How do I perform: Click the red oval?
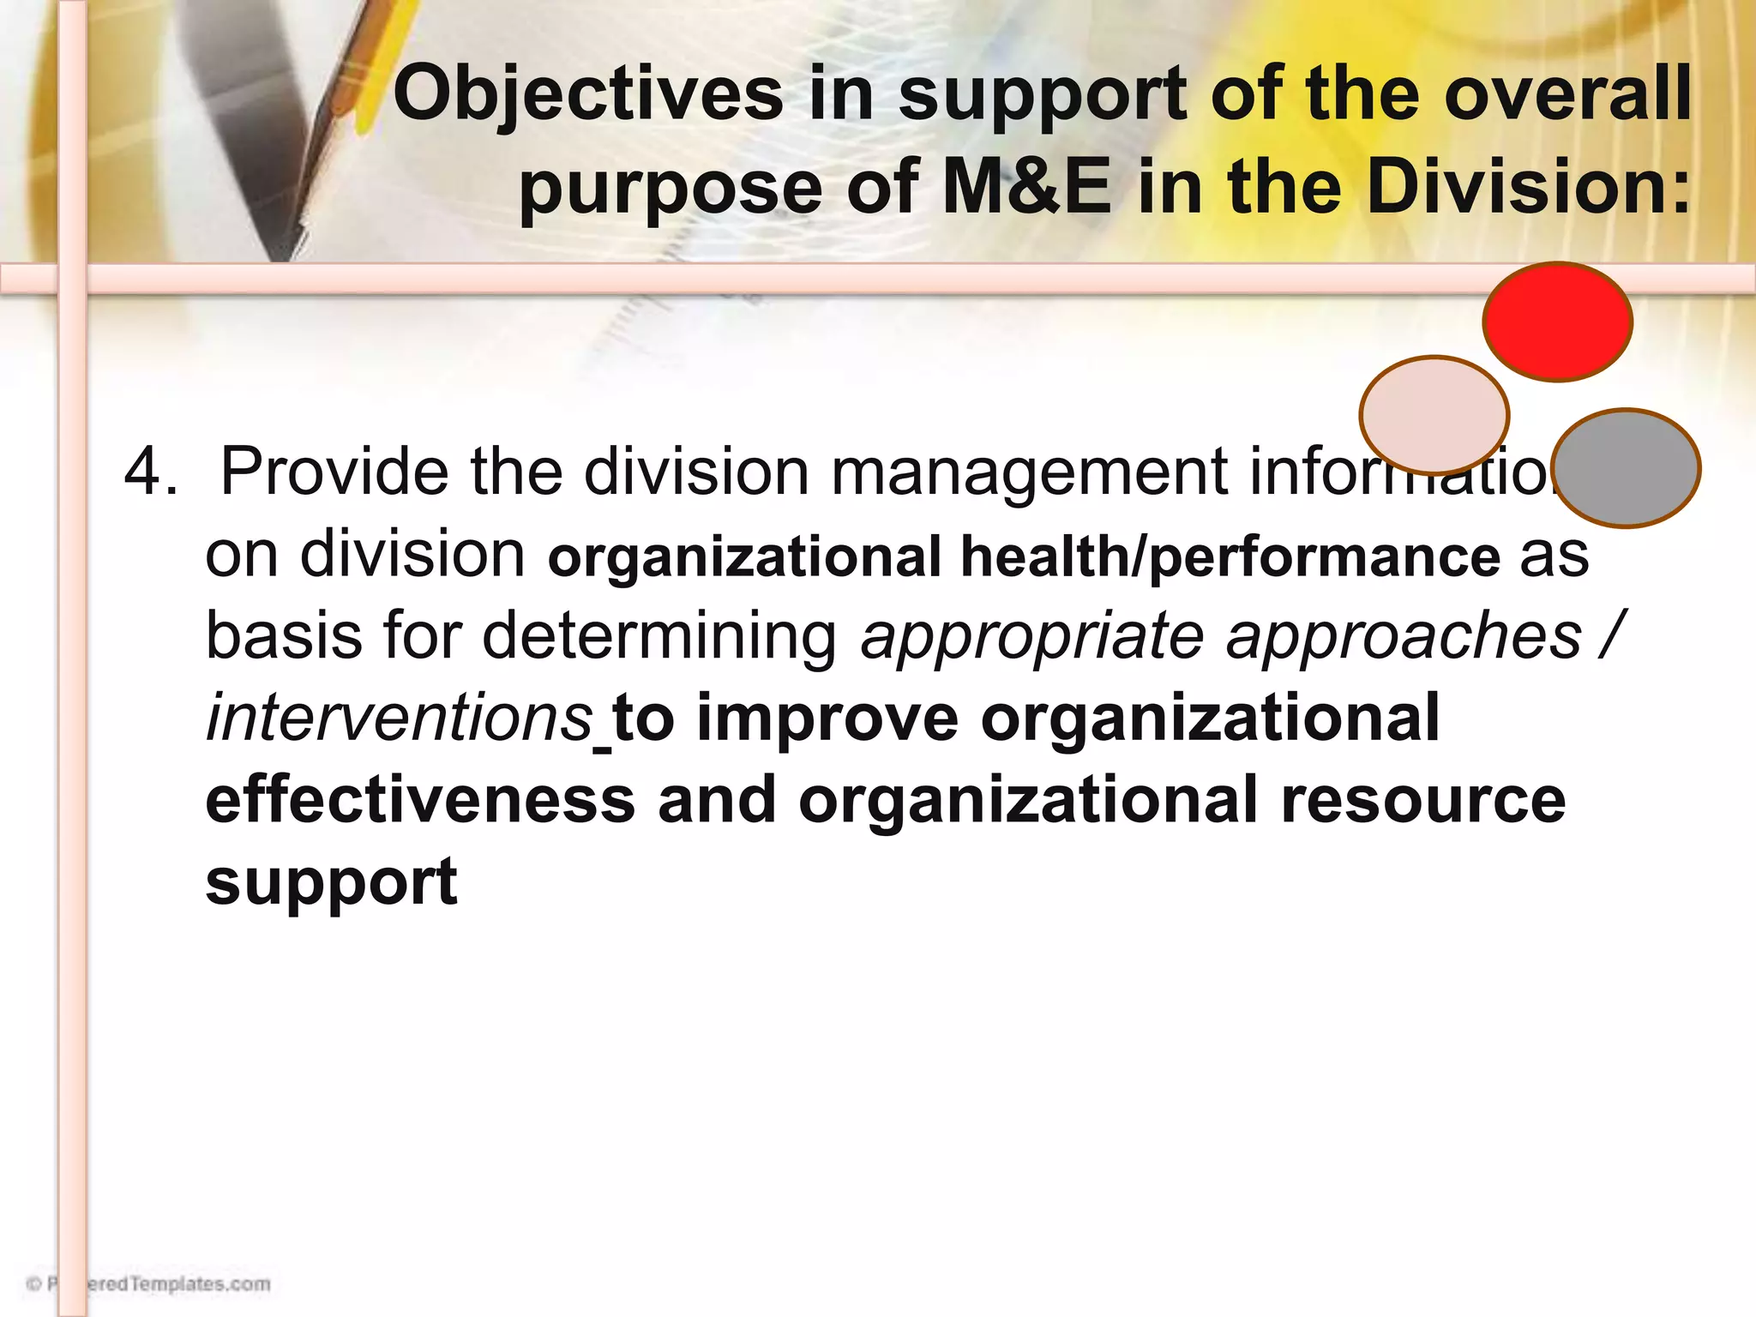click(1557, 321)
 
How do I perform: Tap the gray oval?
click(1627, 468)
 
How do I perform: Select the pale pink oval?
click(1434, 414)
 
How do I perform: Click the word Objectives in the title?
click(588, 94)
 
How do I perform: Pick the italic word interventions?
click(400, 718)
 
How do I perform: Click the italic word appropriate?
click(1032, 638)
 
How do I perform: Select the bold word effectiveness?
click(420, 799)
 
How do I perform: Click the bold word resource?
click(1423, 799)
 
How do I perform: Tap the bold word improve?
click(827, 719)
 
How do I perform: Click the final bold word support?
click(332, 881)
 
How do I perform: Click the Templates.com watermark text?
click(180, 1284)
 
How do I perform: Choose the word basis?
click(284, 636)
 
